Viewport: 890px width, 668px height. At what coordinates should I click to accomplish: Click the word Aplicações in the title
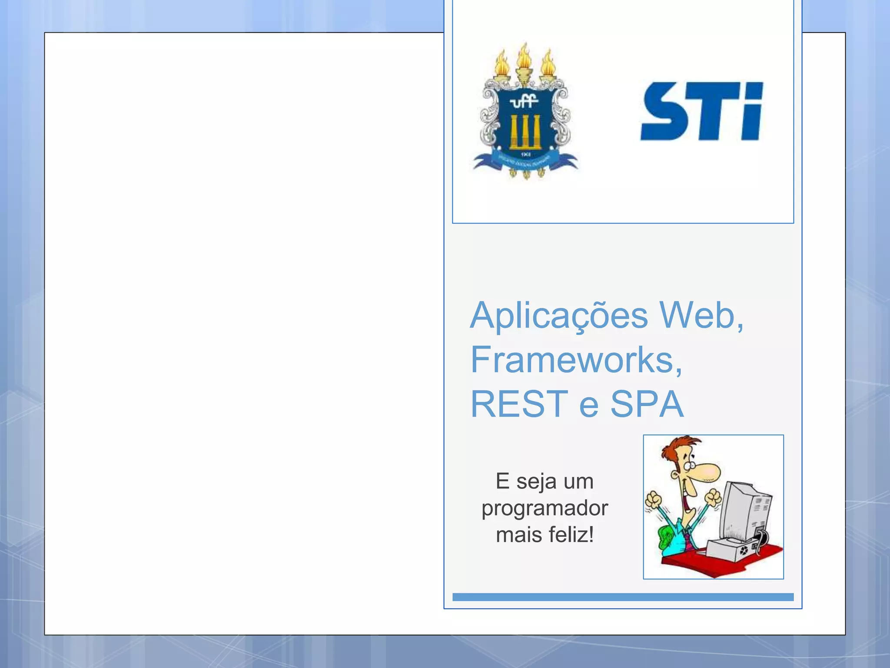pos(559,316)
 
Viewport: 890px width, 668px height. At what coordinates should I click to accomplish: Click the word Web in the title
pos(700,315)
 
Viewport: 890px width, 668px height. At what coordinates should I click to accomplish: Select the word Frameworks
pos(575,360)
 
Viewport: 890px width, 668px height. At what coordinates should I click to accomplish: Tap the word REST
pos(519,404)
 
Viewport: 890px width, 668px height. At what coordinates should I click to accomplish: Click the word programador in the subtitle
pos(545,508)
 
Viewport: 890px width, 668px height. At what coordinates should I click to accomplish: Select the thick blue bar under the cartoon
pos(622,597)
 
